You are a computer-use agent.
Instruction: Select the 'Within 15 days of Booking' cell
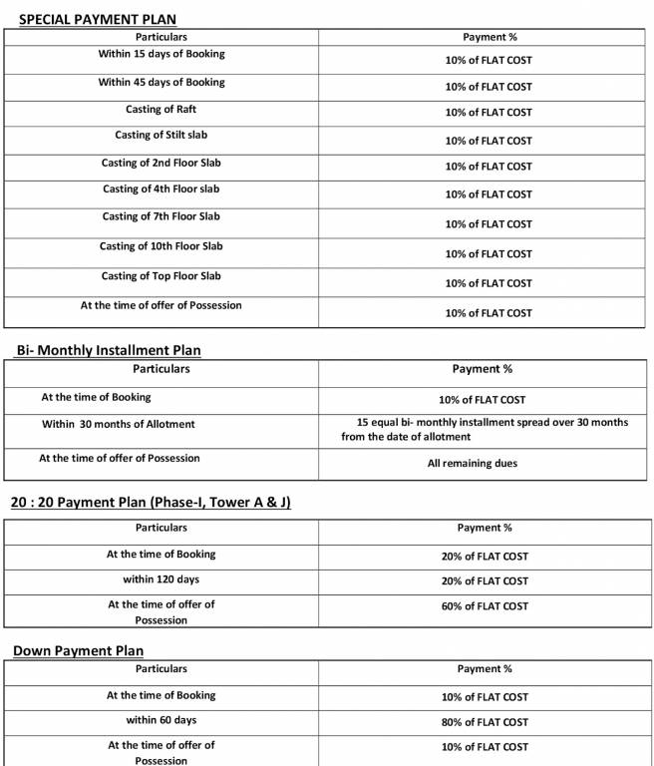161,54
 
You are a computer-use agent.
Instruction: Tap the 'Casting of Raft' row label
161,109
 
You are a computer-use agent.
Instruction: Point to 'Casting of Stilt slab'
161,135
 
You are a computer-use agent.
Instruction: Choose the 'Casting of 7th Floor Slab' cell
161,216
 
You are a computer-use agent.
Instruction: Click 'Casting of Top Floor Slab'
161,276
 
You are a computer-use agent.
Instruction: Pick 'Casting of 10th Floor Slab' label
161,246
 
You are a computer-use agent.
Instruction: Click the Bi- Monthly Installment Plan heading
109,350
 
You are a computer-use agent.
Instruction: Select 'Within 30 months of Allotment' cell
119,424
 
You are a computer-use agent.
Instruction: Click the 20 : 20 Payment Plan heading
151,502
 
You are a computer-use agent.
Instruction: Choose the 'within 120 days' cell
161,579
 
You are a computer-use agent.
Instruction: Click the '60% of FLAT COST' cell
487,606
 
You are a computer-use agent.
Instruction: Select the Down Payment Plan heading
78,651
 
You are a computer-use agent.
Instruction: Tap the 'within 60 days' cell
161,720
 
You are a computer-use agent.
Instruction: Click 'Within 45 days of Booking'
161,82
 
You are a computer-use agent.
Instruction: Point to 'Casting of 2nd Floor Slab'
161,163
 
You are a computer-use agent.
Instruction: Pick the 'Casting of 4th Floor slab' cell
161,190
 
